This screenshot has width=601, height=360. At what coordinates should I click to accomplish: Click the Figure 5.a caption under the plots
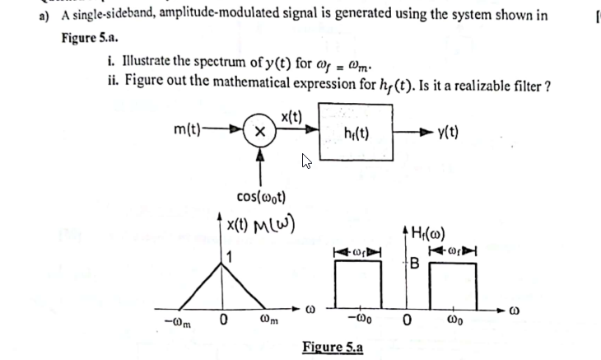tap(333, 345)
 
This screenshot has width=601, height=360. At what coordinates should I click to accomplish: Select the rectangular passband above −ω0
tap(359, 283)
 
